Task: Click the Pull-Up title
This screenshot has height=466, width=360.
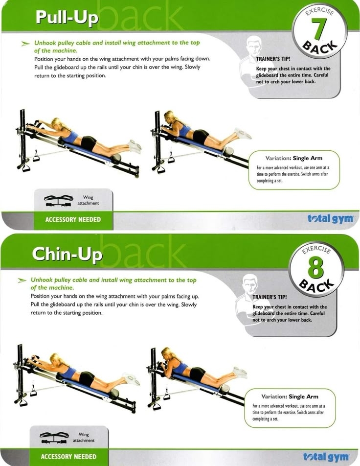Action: click(x=67, y=18)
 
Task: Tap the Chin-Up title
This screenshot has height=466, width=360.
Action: click(x=67, y=255)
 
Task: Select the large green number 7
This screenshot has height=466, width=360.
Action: click(x=318, y=29)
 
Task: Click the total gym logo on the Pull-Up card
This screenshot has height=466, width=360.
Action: click(x=330, y=219)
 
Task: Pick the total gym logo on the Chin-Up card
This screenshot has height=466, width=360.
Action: click(x=326, y=457)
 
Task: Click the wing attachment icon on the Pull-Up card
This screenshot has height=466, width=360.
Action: click(x=58, y=201)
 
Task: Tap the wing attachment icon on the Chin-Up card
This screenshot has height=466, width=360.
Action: click(x=54, y=438)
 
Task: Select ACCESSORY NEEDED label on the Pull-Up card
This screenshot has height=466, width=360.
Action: click(x=73, y=220)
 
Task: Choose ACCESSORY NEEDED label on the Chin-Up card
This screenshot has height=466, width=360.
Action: click(x=68, y=457)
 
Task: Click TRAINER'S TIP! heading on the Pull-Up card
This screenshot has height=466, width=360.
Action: click(x=273, y=59)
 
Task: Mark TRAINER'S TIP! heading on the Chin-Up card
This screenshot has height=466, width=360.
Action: click(x=270, y=297)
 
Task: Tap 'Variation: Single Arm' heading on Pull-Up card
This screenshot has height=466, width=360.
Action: click(x=294, y=158)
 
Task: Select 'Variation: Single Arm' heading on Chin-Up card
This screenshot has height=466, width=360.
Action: click(x=290, y=396)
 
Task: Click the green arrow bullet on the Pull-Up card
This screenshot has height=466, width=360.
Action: click(x=25, y=44)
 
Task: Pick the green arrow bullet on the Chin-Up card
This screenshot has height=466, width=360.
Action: click(x=22, y=280)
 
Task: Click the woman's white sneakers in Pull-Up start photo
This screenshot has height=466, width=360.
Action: click(x=135, y=146)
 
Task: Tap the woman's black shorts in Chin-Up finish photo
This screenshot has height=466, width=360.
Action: click(x=198, y=374)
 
